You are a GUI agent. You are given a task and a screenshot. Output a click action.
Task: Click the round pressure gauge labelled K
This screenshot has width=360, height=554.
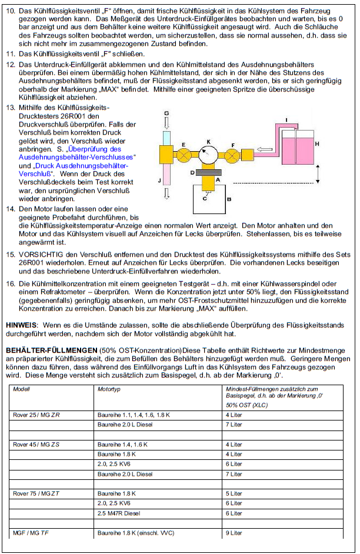tap(207, 155)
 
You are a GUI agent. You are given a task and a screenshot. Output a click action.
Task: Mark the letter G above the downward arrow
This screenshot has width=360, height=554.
tap(166, 112)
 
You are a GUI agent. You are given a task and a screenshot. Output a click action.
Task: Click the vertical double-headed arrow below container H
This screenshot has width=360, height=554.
tap(318, 173)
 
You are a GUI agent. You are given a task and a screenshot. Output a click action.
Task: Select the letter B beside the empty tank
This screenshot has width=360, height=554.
tap(229, 199)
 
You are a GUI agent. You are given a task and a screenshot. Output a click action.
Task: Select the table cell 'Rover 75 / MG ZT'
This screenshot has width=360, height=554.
tap(36, 493)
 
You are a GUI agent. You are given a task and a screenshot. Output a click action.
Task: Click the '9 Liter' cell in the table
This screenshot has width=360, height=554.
tap(234, 533)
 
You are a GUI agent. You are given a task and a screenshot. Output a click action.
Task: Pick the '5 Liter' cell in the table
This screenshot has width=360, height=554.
tap(234, 493)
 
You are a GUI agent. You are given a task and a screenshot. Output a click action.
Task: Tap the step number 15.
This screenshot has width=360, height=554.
tap(9, 254)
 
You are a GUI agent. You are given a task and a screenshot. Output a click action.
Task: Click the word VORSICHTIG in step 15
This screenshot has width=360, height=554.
tap(40, 254)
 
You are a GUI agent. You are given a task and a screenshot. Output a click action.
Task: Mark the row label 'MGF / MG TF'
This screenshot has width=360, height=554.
tap(31, 533)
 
